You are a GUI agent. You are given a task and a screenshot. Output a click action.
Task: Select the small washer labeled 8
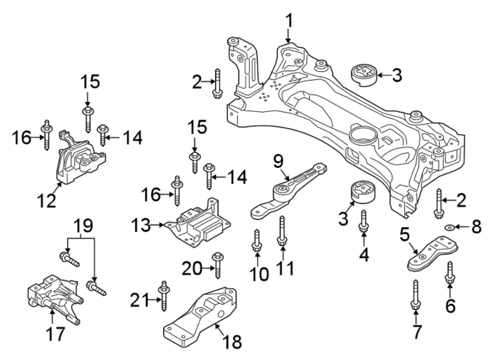pos(449,226)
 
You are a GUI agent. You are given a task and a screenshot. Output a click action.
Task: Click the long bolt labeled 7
pos(415,298)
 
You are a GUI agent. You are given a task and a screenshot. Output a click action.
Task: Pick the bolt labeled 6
pos(450,273)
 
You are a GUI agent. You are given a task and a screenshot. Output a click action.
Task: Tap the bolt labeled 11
pos(282,233)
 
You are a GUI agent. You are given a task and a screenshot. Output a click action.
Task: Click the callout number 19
pos(80,225)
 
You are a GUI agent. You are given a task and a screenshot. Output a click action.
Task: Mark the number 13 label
pos(143,224)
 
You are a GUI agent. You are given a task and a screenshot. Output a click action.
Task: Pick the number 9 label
pos(278,161)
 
